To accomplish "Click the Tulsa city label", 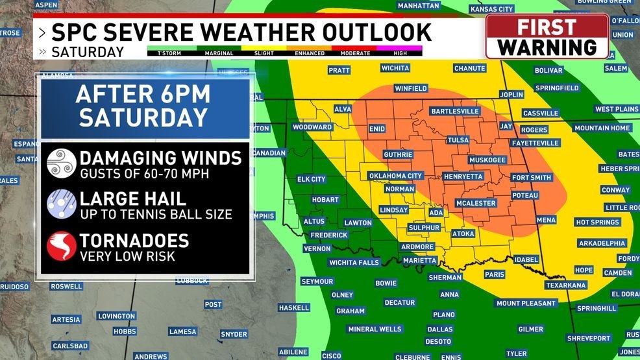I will point(458,140).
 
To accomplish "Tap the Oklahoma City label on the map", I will point(395,176).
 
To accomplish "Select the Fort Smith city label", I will point(531,178).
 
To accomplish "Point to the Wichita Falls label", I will point(354,263).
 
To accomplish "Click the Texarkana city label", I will point(566,285).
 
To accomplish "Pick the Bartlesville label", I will point(454,112).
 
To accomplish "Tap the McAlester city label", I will point(475,204).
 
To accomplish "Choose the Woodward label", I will point(312,127).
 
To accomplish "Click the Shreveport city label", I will point(589,338).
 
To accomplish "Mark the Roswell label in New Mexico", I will point(66,286).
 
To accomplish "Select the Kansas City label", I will point(491,9).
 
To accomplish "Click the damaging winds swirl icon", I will point(62,163).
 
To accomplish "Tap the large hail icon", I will point(62,204).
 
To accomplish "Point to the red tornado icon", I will point(62,246).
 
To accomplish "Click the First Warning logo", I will point(547,37).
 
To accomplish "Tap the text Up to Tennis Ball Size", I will point(156,215).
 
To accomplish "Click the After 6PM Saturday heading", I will point(143,106).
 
